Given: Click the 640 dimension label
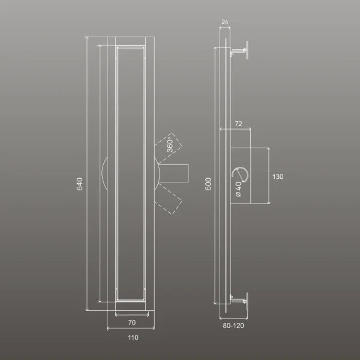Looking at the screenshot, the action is tap(79, 184).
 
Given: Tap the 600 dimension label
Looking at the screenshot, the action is tap(208, 184).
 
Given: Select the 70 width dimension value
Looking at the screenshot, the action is tap(132, 323).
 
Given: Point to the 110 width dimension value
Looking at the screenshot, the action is tap(133, 337).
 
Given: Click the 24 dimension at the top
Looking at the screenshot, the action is tap(225, 22).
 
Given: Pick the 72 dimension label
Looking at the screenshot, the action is tap(239, 124).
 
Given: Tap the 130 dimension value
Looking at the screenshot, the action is tap(278, 176).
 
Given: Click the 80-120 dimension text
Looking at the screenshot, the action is tap(233, 326).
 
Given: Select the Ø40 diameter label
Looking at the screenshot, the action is tap(239, 189).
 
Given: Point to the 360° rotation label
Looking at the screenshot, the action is tap(170, 145).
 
